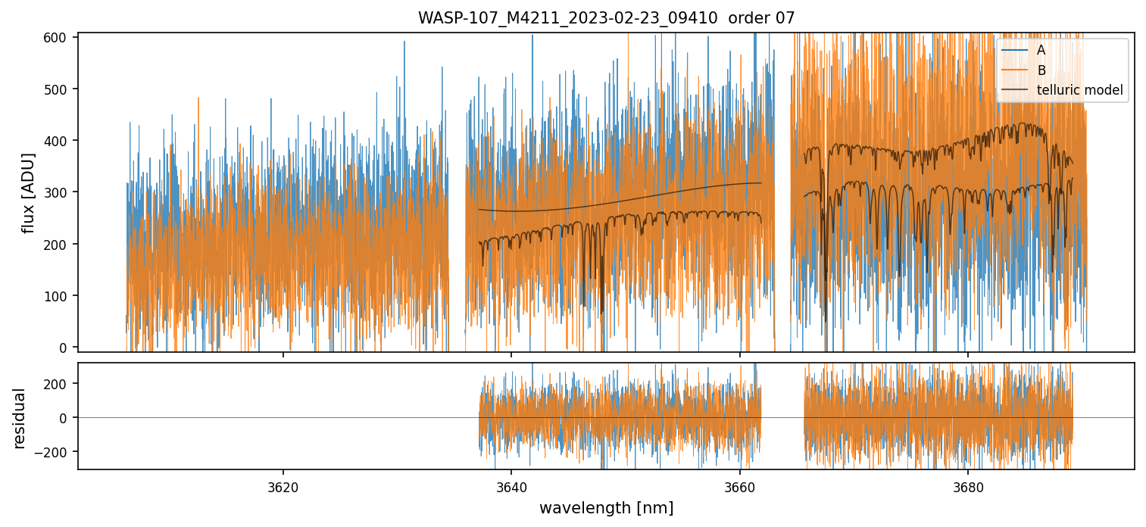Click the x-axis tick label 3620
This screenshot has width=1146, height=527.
coord(283,485)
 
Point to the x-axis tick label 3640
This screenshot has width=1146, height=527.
coord(511,485)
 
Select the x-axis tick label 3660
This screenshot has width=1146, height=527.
coord(740,485)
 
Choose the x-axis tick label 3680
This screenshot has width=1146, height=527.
coord(968,485)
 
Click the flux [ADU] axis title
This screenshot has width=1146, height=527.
coord(29,192)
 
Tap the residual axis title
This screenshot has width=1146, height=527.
coord(19,418)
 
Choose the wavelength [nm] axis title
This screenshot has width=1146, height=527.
coord(606,508)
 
